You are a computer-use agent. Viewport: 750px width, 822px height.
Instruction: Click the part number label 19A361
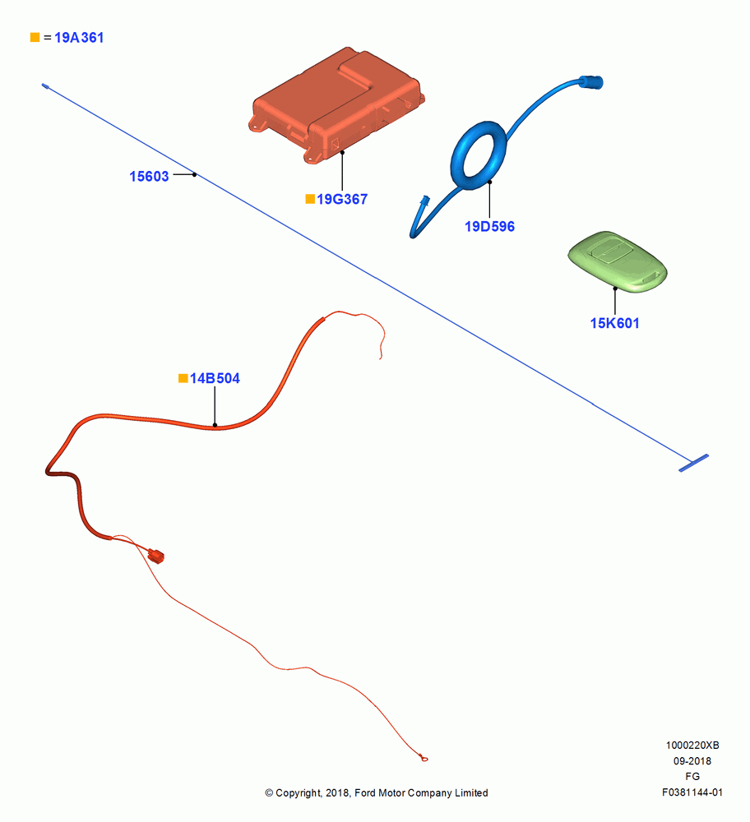(x=79, y=38)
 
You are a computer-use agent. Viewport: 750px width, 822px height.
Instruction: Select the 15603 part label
(x=149, y=176)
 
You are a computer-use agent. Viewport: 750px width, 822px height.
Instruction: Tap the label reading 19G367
(x=342, y=199)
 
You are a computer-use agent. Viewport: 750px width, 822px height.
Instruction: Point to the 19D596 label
(x=489, y=227)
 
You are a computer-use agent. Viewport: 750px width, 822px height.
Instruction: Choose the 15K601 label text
(x=614, y=323)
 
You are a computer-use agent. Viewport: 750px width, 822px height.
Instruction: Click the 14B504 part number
(x=215, y=378)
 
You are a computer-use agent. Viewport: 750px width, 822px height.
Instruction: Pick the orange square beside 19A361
(x=35, y=37)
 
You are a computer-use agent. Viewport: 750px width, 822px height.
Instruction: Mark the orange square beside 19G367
(x=310, y=199)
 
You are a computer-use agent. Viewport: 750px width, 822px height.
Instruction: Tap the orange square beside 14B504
(x=183, y=378)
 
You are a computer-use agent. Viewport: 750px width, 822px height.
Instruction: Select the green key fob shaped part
(x=618, y=261)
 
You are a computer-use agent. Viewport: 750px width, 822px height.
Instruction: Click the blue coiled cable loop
(x=479, y=155)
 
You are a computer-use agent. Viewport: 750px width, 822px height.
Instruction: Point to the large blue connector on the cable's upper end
(x=591, y=82)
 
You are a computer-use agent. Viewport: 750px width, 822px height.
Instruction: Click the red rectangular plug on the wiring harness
(x=156, y=555)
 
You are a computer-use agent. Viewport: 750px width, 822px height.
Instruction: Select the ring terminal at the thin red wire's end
(x=424, y=758)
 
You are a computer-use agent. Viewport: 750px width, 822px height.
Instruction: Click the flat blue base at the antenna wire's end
(x=693, y=463)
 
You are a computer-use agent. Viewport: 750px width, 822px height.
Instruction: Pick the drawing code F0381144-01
(x=692, y=792)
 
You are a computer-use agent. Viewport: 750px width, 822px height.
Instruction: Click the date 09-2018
(x=692, y=761)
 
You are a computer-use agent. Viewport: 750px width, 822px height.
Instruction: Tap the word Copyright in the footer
(x=298, y=793)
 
